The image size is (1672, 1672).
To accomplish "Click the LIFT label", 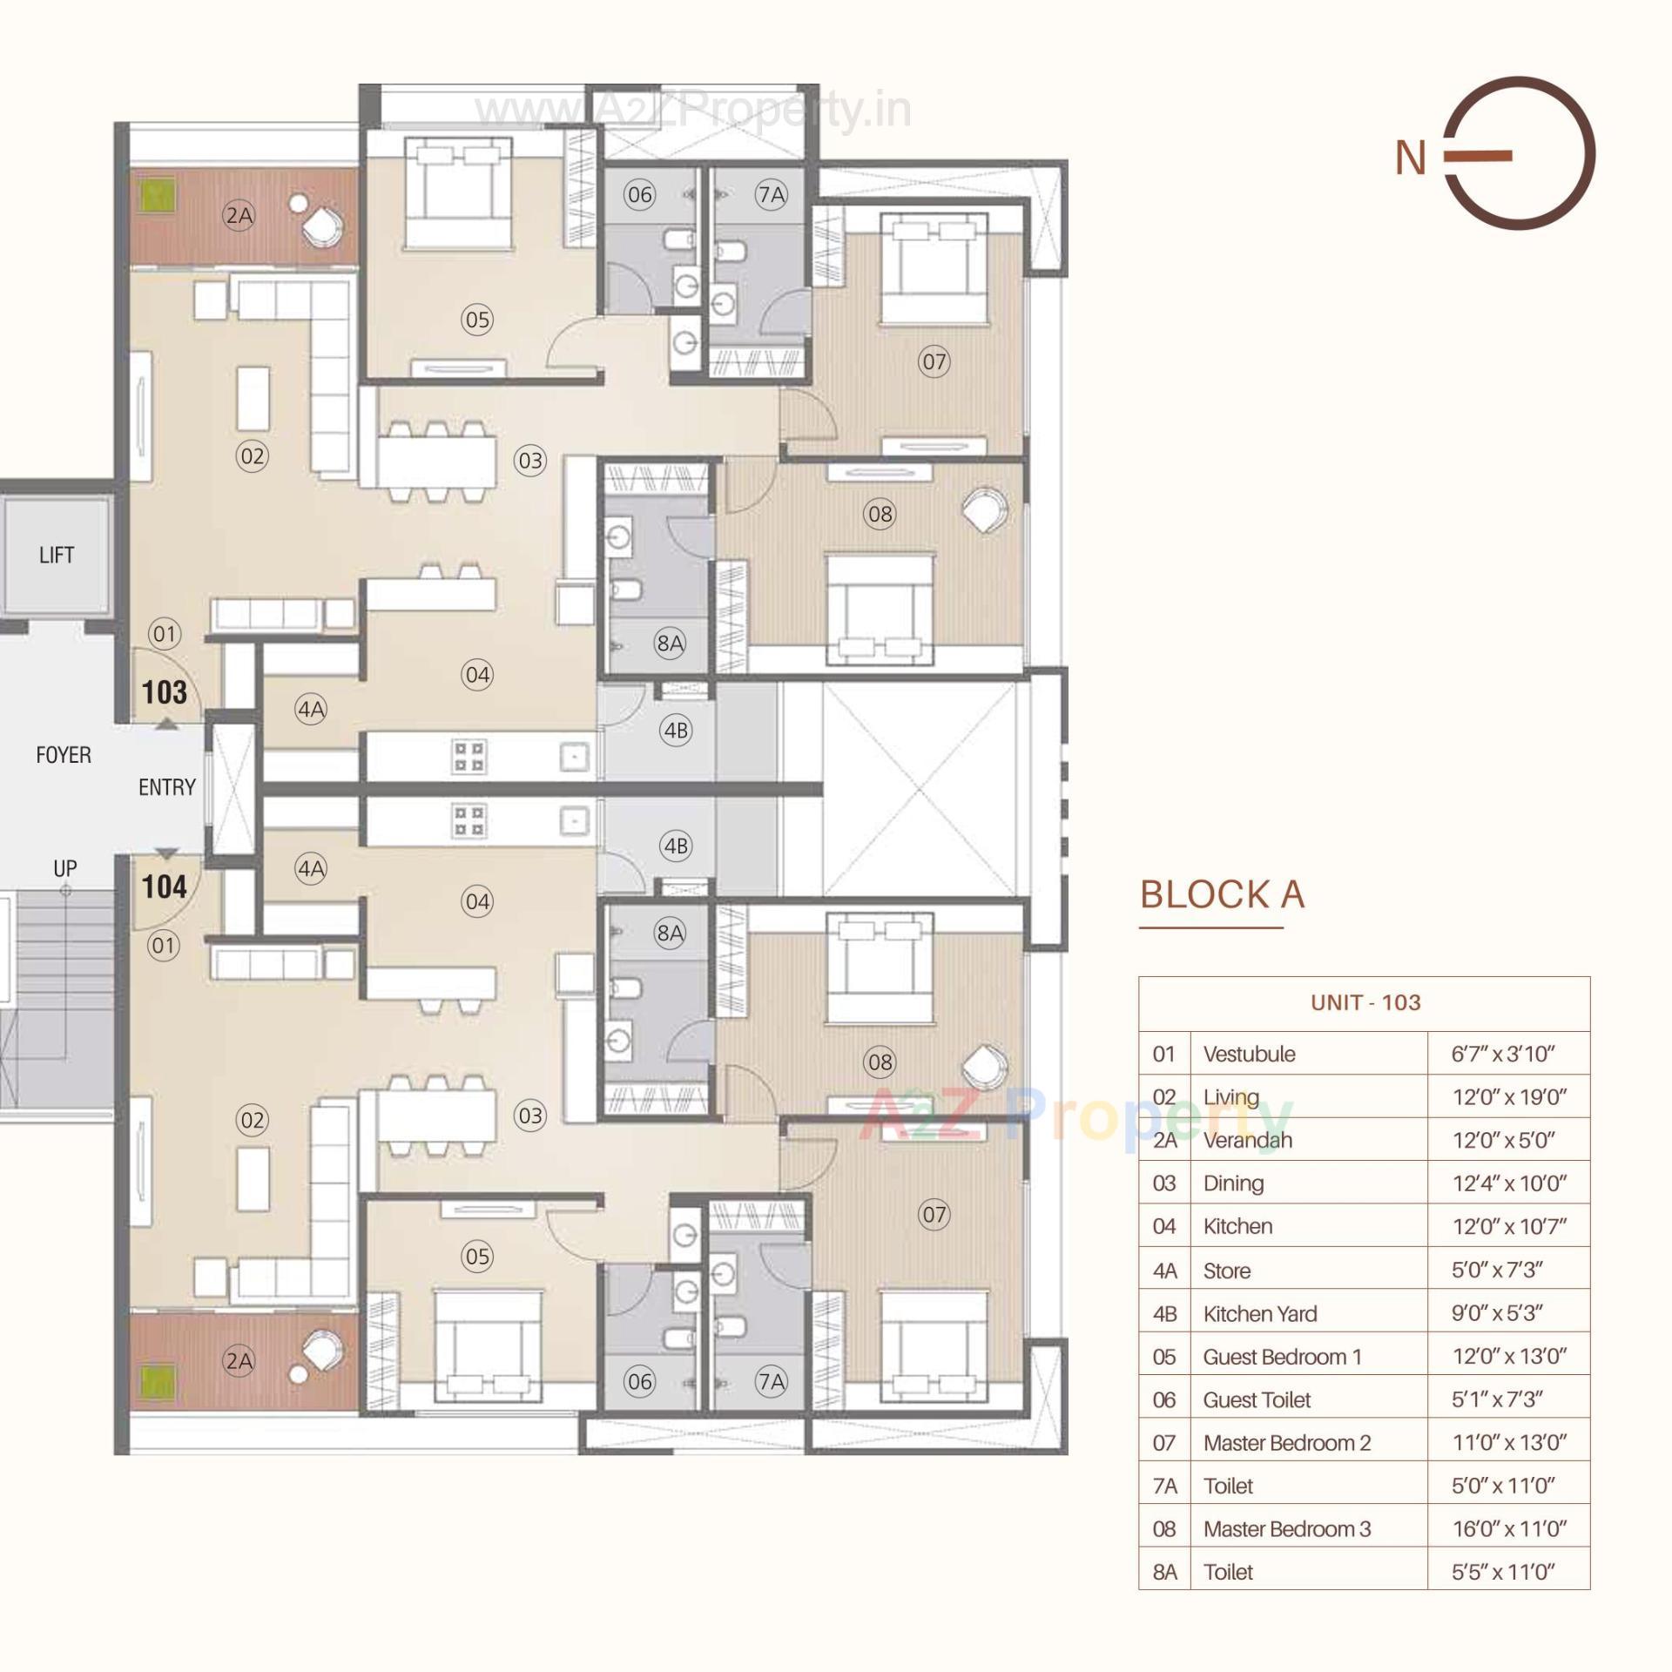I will [x=57, y=555].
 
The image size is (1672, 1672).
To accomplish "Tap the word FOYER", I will [x=63, y=754].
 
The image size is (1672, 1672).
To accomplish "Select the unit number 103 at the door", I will [x=165, y=692].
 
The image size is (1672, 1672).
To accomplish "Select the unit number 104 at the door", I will [x=165, y=887].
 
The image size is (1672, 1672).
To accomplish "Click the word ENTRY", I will [x=166, y=787].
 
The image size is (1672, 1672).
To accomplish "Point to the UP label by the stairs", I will [x=65, y=868].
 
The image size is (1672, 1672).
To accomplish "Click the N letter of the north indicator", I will [x=1410, y=158].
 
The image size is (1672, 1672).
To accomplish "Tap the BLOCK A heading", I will [x=1222, y=895].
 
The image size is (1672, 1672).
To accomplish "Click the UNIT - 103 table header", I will [x=1365, y=1002].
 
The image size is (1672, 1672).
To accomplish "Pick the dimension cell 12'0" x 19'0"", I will [x=1508, y=1097].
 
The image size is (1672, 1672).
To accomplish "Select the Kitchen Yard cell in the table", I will [x=1259, y=1313].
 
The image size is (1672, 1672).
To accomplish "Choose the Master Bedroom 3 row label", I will [x=1286, y=1528].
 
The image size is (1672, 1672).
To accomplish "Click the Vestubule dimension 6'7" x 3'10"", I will [x=1502, y=1054].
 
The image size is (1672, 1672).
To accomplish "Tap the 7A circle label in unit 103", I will [x=772, y=194].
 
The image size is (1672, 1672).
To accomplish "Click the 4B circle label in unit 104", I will [x=676, y=846].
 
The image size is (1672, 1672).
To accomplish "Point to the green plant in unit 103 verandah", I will [x=158, y=196].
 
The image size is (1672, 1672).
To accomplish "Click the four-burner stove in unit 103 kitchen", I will [x=469, y=756].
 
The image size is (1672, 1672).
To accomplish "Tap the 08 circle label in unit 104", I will [x=880, y=1062].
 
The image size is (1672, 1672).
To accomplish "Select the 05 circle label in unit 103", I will [x=477, y=320].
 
